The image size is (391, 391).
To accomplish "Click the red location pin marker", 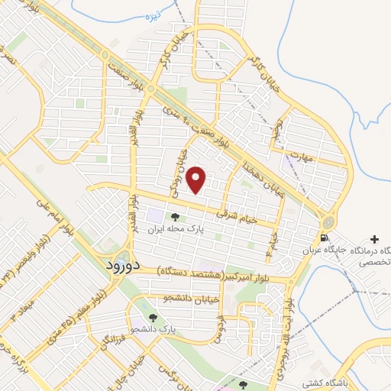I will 197,180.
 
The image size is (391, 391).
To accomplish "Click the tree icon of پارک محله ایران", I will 174,216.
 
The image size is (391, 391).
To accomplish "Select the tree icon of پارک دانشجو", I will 153,317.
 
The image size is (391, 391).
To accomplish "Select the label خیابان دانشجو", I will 192,299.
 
